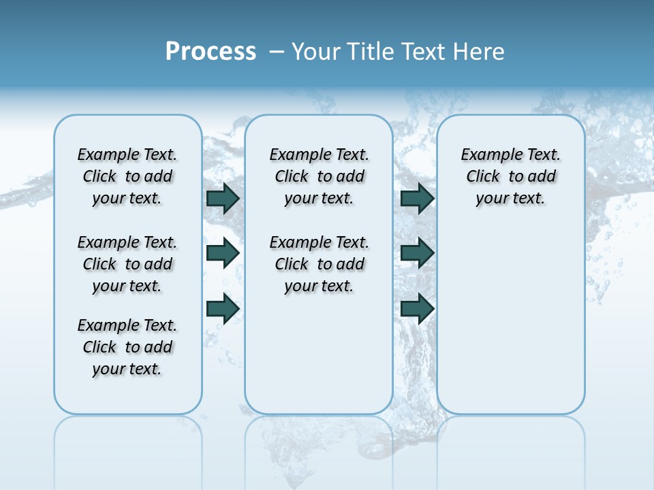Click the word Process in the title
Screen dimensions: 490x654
click(211, 52)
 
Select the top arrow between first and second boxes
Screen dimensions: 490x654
click(223, 199)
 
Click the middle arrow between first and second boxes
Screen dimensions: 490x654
click(223, 253)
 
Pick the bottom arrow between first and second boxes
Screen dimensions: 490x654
click(223, 308)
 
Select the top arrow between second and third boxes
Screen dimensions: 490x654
click(417, 199)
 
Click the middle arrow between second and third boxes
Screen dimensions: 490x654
click(417, 253)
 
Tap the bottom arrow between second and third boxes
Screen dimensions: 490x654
click(417, 308)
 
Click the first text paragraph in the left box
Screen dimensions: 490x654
click(127, 176)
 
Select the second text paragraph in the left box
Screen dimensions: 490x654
click(127, 264)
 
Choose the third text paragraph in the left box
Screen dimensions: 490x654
click(127, 347)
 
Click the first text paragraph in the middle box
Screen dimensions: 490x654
click(320, 176)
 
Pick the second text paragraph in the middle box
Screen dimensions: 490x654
click(320, 264)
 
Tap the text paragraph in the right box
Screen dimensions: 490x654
click(511, 176)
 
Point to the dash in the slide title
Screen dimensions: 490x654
click(277, 52)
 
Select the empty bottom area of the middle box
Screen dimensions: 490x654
click(319, 361)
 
